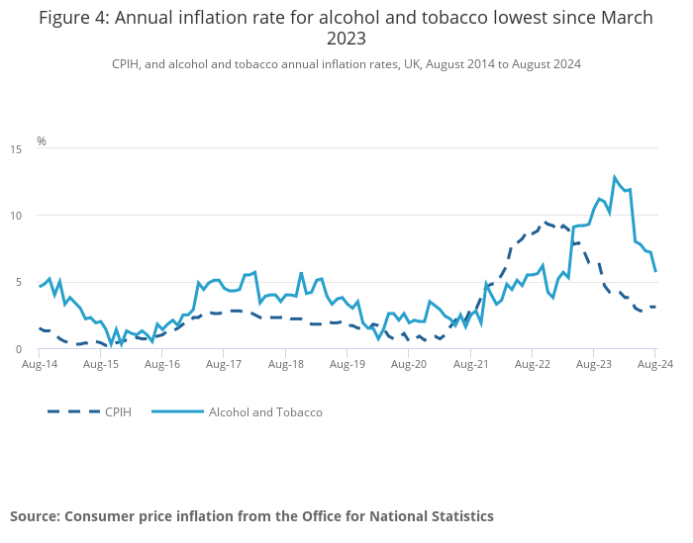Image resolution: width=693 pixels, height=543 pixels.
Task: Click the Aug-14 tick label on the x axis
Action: coord(40,364)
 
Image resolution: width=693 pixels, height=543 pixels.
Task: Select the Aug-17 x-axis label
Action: coord(224,364)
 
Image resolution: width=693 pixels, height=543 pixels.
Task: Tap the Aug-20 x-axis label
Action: coord(409,364)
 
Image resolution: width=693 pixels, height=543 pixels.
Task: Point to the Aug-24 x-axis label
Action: coord(654,364)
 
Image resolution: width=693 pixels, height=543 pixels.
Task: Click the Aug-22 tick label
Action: coord(532,364)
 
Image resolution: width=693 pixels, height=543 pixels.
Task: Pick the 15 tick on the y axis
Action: coord(16,148)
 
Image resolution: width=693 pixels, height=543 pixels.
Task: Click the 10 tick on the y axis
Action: coord(16,216)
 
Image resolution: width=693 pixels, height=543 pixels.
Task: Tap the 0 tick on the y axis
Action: coord(19,349)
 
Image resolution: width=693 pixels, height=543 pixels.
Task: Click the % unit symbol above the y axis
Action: coord(42,141)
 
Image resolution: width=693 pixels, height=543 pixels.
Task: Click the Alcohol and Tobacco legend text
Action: coord(265,411)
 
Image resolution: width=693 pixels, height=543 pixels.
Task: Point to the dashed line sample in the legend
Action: coord(73,411)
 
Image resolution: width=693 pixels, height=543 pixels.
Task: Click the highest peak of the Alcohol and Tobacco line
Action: coord(615,177)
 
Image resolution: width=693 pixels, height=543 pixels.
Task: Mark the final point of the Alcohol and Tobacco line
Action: coord(655,271)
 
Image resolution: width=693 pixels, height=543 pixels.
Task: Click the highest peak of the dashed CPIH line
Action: coord(546,223)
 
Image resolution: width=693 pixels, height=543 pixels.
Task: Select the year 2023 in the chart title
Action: coord(346,39)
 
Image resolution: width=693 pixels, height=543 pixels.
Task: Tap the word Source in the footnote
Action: coord(35,515)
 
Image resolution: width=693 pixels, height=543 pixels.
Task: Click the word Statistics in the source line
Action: coord(459,515)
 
